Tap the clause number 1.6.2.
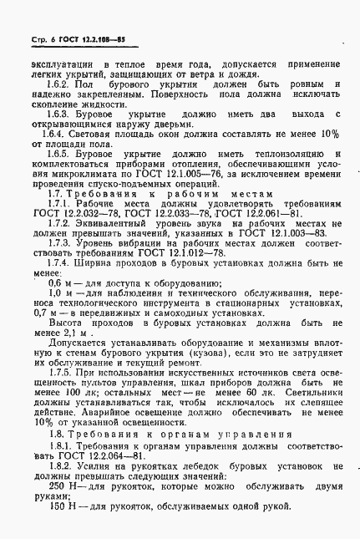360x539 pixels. [x=63, y=84]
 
